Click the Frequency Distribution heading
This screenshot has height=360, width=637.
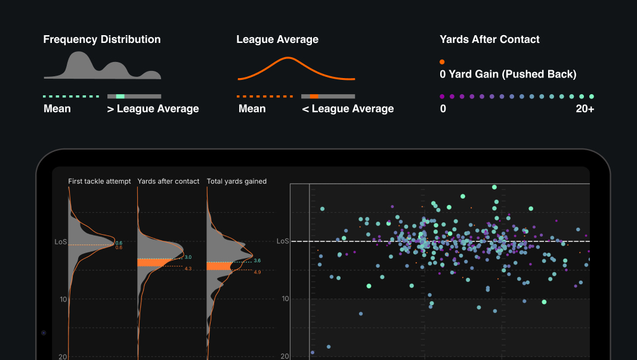point(102,39)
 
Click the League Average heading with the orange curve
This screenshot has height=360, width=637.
point(277,39)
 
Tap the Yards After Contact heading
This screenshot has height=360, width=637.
point(490,39)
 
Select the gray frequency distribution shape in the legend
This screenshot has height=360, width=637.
point(101,67)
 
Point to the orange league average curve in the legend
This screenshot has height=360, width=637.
point(296,69)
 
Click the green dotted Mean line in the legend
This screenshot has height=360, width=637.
point(71,96)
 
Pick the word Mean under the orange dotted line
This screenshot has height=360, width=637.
point(252,108)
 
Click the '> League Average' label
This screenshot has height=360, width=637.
point(153,108)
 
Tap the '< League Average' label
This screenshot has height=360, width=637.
point(348,108)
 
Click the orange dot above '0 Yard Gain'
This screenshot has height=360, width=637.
point(442,61)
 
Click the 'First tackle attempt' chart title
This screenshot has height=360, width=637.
point(100,181)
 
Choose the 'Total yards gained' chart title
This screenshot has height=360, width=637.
point(237,181)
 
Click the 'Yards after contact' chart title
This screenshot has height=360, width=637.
point(168,181)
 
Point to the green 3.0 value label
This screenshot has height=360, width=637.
point(188,257)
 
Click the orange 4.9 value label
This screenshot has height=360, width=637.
point(257,272)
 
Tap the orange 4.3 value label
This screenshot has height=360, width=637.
point(188,269)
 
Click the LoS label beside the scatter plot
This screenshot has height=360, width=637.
point(283,241)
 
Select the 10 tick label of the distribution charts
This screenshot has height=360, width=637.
point(63,299)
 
